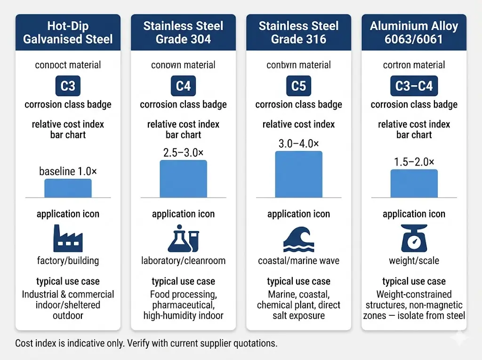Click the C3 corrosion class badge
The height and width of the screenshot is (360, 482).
point(68,87)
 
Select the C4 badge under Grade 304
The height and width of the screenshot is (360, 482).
point(183,87)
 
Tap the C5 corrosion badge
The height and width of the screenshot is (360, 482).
point(298,87)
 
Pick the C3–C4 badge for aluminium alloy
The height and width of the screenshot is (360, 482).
point(414,87)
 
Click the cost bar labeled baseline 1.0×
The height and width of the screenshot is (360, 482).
point(68,188)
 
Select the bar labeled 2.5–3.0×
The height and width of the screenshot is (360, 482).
point(183,179)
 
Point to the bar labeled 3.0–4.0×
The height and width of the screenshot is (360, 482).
point(298,174)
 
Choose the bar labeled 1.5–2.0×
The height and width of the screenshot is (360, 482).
point(414,184)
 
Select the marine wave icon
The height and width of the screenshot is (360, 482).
point(298,239)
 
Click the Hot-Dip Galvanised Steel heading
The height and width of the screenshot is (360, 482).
point(68,32)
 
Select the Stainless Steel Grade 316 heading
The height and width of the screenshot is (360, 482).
point(298,32)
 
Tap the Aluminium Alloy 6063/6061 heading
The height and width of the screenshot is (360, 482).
point(414,32)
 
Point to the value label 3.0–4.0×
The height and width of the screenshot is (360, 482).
point(298,144)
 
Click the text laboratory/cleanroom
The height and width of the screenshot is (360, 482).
point(183,261)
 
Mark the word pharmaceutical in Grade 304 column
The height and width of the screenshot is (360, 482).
point(178,305)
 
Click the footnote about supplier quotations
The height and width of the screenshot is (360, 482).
point(146,344)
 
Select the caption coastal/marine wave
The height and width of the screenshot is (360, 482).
point(298,261)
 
